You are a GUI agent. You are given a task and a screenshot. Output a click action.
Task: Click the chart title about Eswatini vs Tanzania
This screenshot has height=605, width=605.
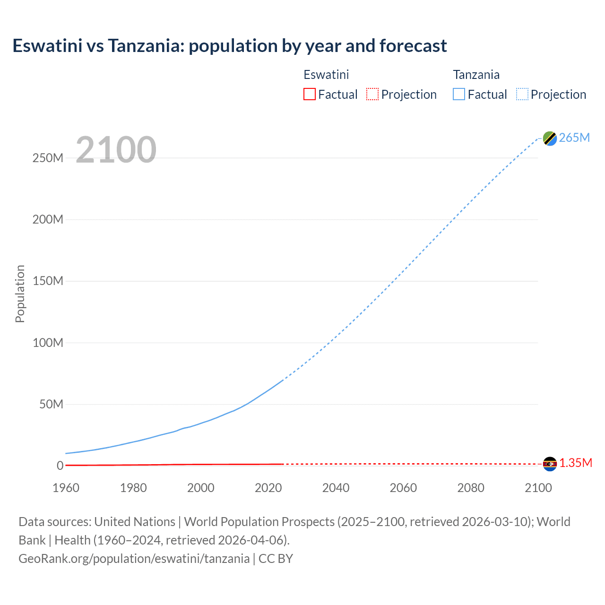point(230,46)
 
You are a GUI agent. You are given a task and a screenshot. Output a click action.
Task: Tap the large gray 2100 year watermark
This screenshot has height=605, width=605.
point(116,150)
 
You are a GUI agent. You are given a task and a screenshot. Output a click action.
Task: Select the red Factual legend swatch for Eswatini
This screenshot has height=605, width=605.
point(309,94)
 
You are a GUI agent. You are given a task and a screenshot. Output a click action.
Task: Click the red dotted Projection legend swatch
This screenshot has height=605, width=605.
point(372,94)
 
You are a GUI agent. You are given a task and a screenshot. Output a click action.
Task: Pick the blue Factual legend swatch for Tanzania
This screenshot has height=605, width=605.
point(458,94)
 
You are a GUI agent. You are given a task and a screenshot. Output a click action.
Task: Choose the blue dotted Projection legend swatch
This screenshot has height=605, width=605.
point(522,94)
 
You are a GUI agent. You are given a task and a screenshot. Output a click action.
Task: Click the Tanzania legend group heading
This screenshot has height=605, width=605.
point(476,75)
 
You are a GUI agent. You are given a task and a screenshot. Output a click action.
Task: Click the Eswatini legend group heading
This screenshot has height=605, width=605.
point(326,75)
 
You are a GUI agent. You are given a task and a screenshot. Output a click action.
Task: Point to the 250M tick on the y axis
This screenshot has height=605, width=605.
point(48,158)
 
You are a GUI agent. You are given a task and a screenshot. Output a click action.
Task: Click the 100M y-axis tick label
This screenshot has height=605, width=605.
point(48,343)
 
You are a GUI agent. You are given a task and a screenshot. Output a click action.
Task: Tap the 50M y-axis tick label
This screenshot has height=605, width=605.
point(51,404)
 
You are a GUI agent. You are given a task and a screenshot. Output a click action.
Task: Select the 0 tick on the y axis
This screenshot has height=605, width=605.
point(60,466)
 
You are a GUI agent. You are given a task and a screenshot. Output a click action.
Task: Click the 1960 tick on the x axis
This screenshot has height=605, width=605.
point(66,488)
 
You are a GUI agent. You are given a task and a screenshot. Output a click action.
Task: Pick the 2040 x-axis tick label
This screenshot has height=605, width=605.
point(336,488)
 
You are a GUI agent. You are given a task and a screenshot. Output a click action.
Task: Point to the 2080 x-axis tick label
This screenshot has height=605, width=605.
point(471,488)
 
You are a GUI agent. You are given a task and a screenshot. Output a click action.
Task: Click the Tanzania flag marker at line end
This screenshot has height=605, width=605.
point(550,138)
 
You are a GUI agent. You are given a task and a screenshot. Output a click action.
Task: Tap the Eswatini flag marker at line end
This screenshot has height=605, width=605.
point(550,464)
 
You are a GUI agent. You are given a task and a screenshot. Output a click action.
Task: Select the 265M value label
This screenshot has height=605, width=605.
point(574,138)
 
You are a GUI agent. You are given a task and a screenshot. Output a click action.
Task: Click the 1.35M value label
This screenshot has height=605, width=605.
point(575,463)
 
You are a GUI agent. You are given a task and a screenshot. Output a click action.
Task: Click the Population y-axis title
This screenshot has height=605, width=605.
point(20,294)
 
